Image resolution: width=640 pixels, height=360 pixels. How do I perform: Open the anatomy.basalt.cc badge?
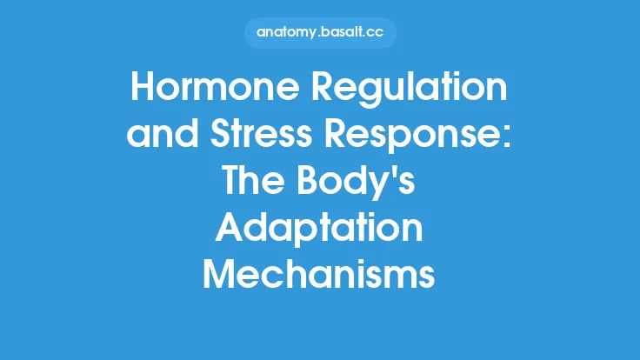click(319, 34)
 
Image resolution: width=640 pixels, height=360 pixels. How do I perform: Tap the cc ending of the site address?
click(375, 34)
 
